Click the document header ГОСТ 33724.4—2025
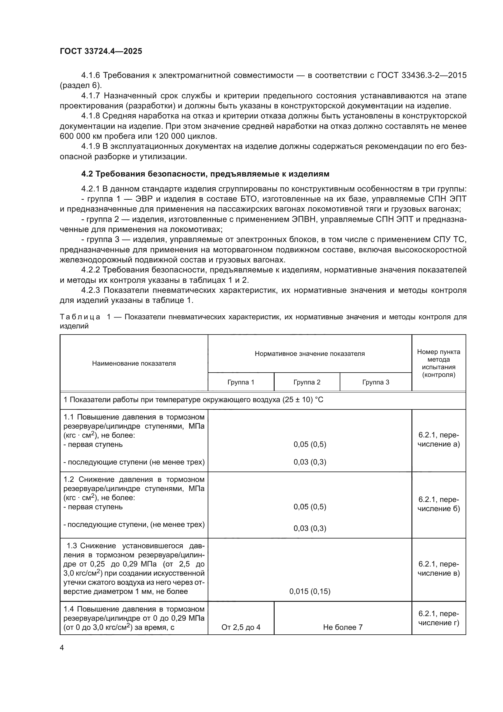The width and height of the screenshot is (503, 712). point(101,51)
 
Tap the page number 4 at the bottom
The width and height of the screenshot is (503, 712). point(62,647)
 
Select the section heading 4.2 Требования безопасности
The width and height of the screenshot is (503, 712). point(205,174)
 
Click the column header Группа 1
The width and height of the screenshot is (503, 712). point(241,382)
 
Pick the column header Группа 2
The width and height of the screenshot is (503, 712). point(307,382)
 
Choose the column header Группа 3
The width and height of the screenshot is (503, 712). point(375,382)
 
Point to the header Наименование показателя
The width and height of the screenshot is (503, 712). point(134,363)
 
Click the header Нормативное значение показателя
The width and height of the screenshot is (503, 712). point(309,353)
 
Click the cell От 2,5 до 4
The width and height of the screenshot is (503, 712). point(241,627)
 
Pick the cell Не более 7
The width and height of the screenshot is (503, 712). point(342,627)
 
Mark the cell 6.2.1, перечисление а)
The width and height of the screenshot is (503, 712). point(439,440)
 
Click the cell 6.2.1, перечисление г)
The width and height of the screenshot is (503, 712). point(439,618)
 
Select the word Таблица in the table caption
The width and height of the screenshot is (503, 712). point(80,317)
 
